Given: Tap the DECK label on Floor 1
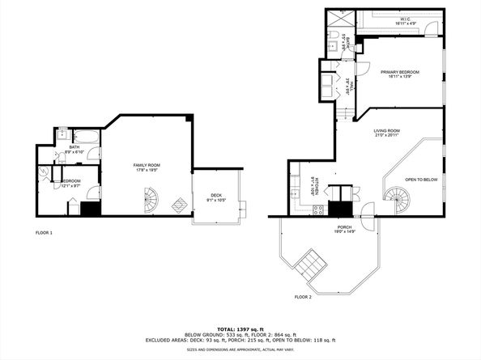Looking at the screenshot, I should coord(215,197).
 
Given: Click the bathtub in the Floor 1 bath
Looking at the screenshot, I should coord(85,136).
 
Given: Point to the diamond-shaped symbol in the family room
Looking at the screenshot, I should coord(177,203).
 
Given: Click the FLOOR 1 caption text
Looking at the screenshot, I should coord(44,233).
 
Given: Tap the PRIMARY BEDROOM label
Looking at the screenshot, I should coord(402,74).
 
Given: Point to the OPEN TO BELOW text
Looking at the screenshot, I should coord(422,180).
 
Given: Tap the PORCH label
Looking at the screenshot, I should coord(344,229).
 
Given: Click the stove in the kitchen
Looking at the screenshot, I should coord(319,210).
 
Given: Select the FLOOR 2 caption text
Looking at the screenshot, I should coord(303,298).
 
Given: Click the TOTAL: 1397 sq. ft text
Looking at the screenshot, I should coord(240,329).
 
